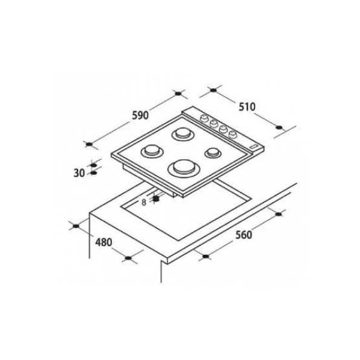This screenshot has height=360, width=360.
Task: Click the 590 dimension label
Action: pyautogui.click(x=140, y=115)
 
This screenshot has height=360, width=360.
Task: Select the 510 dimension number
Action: pyautogui.click(x=247, y=107)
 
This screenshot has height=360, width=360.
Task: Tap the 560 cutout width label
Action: pyautogui.click(x=243, y=235)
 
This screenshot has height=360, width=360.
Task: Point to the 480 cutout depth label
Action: pyautogui.click(x=104, y=242)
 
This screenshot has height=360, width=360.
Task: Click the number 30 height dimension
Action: pyautogui.click(x=79, y=173)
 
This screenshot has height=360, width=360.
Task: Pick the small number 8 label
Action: pyautogui.click(x=144, y=203)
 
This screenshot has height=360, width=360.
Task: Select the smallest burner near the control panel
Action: pyautogui.click(x=213, y=152)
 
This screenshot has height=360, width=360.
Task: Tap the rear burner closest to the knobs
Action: pyautogui.click(x=183, y=134)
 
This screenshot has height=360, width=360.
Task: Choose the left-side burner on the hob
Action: pyautogui.click(x=152, y=151)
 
